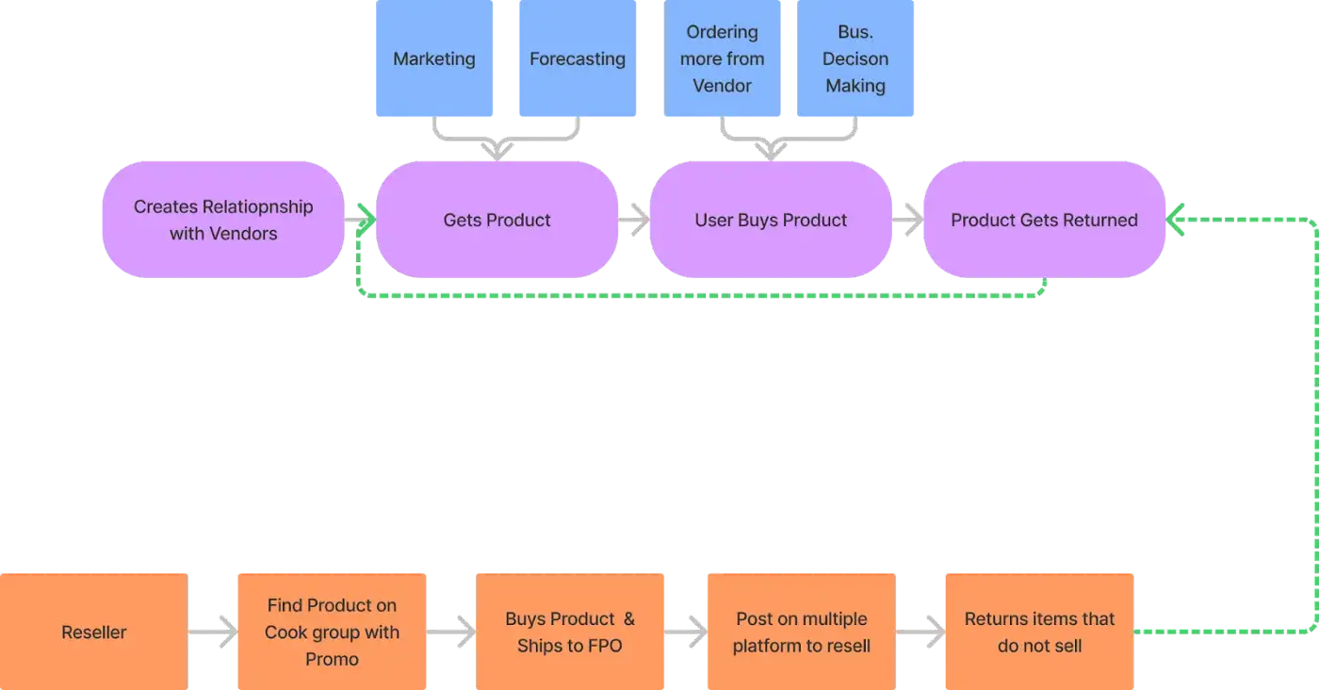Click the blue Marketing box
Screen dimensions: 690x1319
click(x=434, y=59)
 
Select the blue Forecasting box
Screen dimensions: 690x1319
click(x=577, y=59)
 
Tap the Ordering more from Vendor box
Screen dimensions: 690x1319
click(x=722, y=59)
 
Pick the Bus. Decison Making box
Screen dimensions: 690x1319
click(x=855, y=59)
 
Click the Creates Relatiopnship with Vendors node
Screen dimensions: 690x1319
click(x=223, y=220)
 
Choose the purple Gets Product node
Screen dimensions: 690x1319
click(x=497, y=220)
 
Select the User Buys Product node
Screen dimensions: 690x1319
click(x=771, y=220)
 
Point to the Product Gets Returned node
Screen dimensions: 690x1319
click(x=1044, y=220)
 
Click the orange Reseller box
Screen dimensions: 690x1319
click(x=93, y=632)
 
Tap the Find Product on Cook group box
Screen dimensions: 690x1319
click(x=332, y=632)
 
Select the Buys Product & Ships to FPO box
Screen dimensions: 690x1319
click(x=569, y=632)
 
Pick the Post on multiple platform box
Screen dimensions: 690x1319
click(x=801, y=632)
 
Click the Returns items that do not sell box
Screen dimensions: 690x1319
click(x=1038, y=632)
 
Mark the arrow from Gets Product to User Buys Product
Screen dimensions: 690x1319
click(x=634, y=220)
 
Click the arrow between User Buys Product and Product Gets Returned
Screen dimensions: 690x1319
click(x=907, y=220)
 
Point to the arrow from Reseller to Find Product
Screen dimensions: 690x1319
click(x=213, y=632)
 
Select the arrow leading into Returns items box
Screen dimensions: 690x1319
click(x=920, y=632)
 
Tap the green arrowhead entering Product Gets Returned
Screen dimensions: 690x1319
click(x=1175, y=220)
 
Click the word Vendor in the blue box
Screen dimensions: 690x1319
click(x=722, y=86)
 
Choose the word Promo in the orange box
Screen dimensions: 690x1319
click(x=332, y=659)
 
